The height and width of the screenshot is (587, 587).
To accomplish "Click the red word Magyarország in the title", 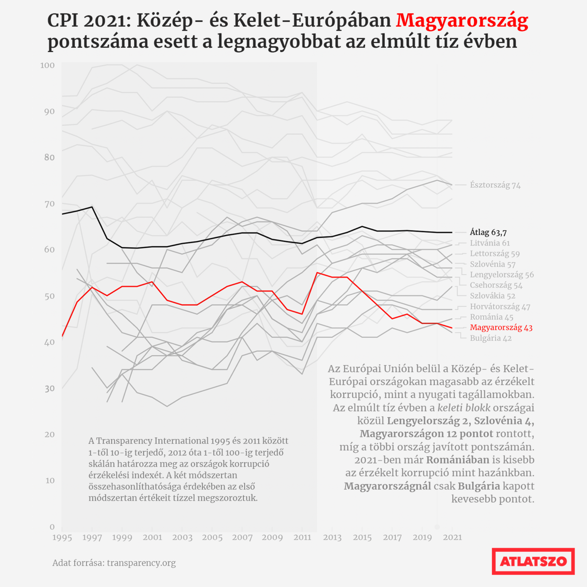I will coord(462,20).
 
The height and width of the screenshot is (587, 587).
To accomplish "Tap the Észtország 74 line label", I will coord(495,185).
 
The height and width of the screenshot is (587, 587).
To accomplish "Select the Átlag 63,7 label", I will coord(488,232).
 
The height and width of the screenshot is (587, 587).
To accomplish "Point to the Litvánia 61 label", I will coord(490,243).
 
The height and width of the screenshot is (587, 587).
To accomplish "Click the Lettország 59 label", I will coord(494,253).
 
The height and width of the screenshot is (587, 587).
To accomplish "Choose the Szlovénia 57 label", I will coord(492,264).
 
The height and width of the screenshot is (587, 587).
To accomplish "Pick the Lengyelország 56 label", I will coord(501,275).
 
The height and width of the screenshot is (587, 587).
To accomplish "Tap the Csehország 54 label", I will coord(496,285).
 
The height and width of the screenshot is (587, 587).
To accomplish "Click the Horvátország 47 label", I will coord(500,307).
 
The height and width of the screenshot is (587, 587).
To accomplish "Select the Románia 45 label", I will coord(491,317).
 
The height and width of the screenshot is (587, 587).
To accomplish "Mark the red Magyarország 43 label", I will coord(501,327).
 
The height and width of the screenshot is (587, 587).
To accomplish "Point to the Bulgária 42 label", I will coord(490,338).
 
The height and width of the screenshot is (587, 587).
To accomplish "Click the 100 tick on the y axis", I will coord(47,65).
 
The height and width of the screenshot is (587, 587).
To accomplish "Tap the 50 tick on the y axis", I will coord(49,296).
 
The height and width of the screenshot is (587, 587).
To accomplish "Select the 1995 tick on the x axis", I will coord(62,537).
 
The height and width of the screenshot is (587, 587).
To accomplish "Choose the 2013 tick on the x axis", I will coord(332,537).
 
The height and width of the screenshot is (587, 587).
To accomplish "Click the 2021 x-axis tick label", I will coord(452,537).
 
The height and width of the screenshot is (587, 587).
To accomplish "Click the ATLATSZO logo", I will coord(533,561).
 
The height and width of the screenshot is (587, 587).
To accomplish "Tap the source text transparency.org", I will coord(141,563).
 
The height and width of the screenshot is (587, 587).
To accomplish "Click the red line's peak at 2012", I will coord(317,273).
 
